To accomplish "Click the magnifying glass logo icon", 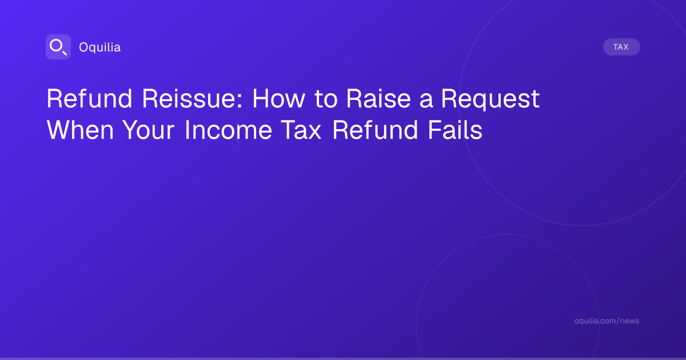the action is (58, 47).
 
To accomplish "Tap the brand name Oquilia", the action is (100, 47).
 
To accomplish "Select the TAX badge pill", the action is (621, 47).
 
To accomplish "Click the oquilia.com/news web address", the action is (607, 321).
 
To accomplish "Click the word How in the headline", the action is (279, 98).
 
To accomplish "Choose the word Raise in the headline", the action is (378, 98).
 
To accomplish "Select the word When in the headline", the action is (80, 130).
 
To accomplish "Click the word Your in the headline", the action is (149, 130).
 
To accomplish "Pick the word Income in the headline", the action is (228, 130).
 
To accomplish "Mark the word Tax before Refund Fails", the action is (301, 130).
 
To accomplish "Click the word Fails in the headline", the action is (455, 130).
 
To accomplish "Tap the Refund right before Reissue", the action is (89, 98).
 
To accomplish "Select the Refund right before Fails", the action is (375, 130).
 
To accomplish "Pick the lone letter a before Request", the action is (426, 101).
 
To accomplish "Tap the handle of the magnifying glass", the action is (64, 53).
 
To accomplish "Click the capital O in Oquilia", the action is (84, 47).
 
